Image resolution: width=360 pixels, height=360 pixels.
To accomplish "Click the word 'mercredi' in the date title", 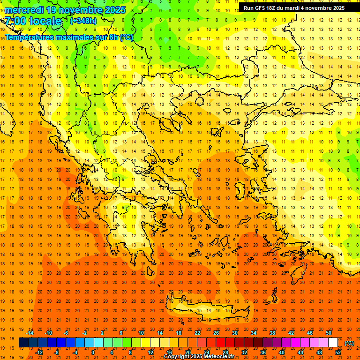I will [24, 10].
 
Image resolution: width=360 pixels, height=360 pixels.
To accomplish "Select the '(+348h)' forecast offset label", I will [84, 21].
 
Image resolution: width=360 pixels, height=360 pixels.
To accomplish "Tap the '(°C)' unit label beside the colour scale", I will [349, 343].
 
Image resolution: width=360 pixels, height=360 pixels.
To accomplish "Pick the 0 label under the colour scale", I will [93, 352].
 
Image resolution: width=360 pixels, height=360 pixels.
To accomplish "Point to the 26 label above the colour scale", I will [216, 333].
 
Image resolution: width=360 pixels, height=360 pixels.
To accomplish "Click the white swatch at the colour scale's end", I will [333, 343].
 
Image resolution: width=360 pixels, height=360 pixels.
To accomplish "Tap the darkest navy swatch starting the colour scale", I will [23, 343].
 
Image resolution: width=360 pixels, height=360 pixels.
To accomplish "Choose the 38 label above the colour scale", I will [272, 333].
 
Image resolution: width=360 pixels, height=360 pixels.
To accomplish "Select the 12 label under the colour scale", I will [150, 352].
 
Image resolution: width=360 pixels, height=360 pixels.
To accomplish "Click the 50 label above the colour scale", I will [329, 333].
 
